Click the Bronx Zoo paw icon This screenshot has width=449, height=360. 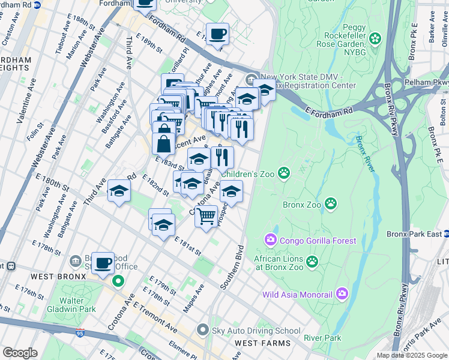(x=331, y=205)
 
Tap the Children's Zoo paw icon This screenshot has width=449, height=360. (x=283, y=174)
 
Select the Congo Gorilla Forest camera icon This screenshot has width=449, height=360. (x=270, y=241)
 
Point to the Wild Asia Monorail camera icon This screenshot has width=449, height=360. (x=342, y=294)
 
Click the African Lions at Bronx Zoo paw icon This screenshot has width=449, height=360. (x=312, y=261)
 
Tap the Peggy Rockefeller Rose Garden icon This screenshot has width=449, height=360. (x=375, y=39)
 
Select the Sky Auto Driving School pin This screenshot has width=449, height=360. (x=203, y=331)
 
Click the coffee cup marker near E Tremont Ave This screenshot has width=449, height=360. (x=103, y=263)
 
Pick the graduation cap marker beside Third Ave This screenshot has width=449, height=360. (x=119, y=191)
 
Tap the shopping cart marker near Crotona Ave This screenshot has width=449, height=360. (x=206, y=215)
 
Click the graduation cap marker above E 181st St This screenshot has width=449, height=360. (x=163, y=225)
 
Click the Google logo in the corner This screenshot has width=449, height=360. (x=20, y=353)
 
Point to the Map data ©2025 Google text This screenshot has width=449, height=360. (x=411, y=355)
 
